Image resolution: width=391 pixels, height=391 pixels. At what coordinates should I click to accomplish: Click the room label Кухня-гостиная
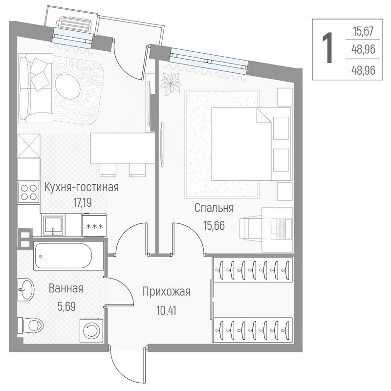pos(82,187)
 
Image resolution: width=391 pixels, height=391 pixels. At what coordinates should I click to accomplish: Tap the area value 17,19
pos(82,203)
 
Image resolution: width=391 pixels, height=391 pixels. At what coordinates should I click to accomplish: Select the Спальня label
pos(214,208)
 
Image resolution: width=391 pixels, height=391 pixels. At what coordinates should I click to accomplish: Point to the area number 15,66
pos(214,225)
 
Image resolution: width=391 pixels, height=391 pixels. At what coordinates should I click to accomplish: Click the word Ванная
pos(66,288)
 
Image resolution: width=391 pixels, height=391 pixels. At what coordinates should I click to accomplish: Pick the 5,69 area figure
pos(66,306)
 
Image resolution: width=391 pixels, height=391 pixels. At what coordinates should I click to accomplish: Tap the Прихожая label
pos(166,291)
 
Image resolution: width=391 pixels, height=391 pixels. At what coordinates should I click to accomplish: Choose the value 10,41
pos(166,310)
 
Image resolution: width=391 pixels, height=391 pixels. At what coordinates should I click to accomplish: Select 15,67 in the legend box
pos(363,32)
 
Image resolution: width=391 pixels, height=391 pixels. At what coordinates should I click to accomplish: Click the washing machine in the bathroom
pos(91,330)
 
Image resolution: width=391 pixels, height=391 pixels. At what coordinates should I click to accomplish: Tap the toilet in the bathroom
pos(31,325)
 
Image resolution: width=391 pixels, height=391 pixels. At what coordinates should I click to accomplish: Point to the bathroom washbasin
pos(26,289)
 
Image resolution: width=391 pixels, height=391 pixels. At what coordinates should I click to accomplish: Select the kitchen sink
pos(53,225)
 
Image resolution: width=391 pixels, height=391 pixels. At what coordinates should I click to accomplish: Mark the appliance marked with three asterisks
pos(94,225)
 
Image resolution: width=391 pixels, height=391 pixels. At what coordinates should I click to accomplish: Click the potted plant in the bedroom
pos(171,83)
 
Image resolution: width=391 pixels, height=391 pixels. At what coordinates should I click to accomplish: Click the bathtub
pos(68,256)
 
